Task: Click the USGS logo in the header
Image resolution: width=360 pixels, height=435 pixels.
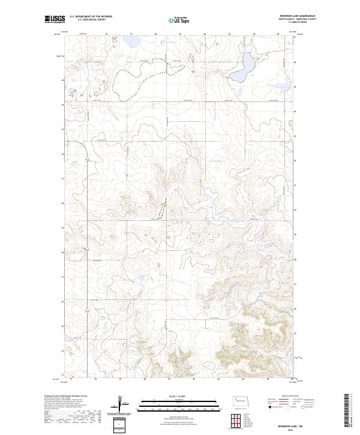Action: pos(55,20)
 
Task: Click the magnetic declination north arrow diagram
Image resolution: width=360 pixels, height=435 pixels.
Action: pos(121,403)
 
